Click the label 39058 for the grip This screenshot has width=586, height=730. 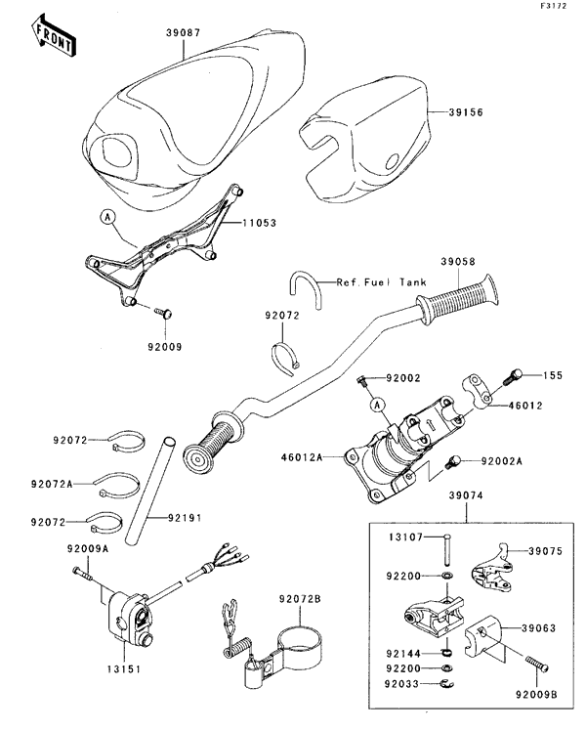click(459, 262)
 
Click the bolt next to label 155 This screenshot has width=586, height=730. click(517, 373)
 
